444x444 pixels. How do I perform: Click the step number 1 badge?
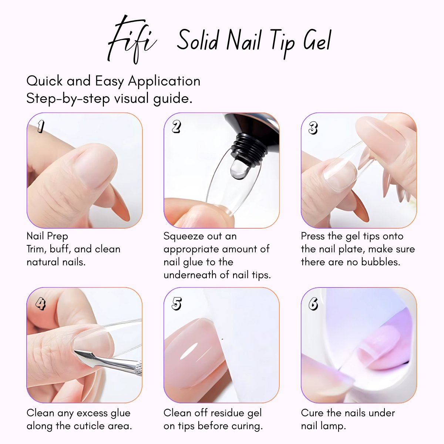point(41,127)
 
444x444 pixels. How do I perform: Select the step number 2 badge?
point(176,127)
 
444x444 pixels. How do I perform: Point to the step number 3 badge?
point(313,128)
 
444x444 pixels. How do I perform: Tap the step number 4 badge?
point(40,304)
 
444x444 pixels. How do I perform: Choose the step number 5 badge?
point(176,304)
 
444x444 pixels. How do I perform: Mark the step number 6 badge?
point(313,304)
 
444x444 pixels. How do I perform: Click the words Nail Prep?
point(47,236)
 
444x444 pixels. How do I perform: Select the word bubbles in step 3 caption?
point(381,262)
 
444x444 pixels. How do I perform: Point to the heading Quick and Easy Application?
point(113,81)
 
